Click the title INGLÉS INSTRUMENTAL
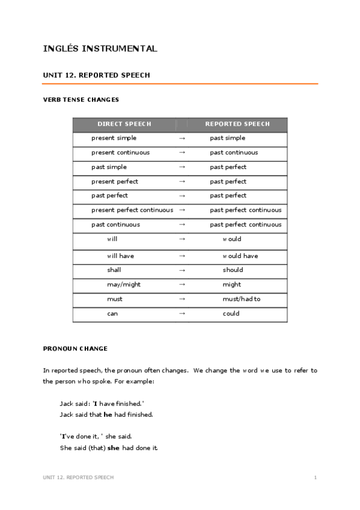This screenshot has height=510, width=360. (x=100, y=49)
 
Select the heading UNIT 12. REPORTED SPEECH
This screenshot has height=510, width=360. (x=96, y=75)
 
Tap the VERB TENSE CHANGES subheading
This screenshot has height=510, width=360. (x=81, y=100)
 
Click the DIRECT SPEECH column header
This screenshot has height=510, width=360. (x=124, y=124)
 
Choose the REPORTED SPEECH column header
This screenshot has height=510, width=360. (x=237, y=124)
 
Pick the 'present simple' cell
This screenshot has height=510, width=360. (x=114, y=138)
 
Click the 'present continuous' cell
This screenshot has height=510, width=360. (x=120, y=153)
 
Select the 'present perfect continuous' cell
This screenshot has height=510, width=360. (x=132, y=210)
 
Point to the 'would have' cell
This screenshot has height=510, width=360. (x=240, y=256)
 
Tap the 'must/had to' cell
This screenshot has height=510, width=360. (x=242, y=299)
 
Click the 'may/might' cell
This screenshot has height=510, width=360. (x=124, y=284)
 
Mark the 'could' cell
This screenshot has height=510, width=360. (x=231, y=313)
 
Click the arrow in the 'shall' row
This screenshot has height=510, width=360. (x=182, y=270)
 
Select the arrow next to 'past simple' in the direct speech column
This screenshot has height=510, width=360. (x=182, y=167)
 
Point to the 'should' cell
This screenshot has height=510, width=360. (x=232, y=270)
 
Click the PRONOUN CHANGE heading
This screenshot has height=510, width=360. (x=75, y=348)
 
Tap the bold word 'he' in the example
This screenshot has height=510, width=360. (x=108, y=414)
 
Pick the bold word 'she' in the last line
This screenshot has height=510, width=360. (x=113, y=448)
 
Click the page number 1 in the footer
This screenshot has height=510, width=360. (x=315, y=478)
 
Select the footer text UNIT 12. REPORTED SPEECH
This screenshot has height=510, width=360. (x=78, y=478)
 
